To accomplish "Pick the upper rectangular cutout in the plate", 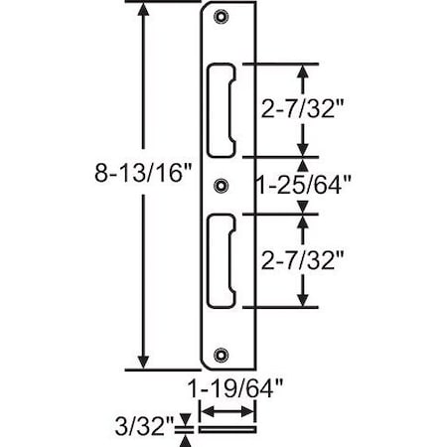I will [223, 110].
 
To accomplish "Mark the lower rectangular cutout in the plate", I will [223, 259].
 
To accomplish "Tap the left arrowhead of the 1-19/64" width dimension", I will [206, 412].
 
